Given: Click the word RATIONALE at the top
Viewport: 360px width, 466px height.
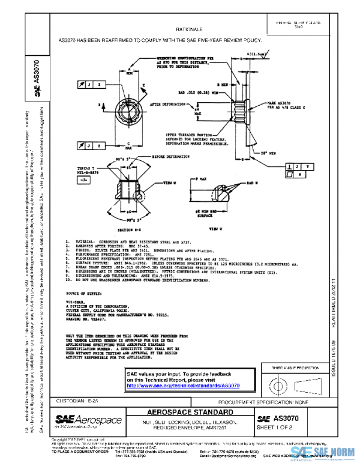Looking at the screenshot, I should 189,29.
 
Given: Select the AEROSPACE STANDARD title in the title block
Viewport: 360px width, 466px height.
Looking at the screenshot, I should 188,413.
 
